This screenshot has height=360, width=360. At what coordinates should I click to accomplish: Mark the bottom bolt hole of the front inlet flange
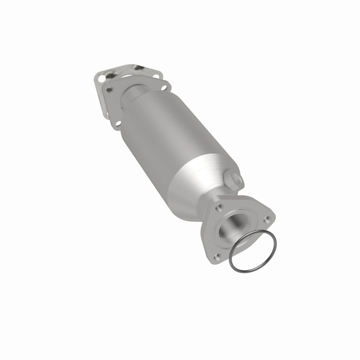coord(117,123)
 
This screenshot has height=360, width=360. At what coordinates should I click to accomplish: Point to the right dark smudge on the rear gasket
coord(136,68)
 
